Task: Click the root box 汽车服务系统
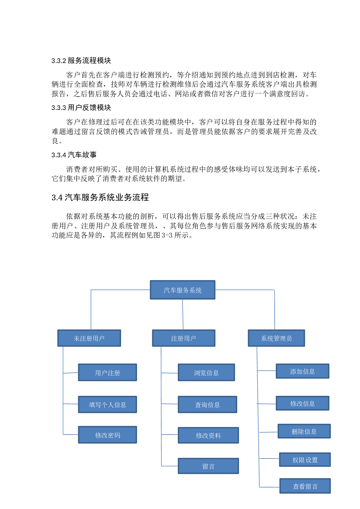182,290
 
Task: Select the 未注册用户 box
89,338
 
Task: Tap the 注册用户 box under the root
183,338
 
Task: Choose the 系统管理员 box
276,338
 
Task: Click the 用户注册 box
107,372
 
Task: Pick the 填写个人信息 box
107,405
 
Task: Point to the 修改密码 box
107,435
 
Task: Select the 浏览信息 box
206,372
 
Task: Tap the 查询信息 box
207,405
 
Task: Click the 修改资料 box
208,435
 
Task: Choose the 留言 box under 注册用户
208,466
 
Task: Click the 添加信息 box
302,371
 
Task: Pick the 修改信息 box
302,403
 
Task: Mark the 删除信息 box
304,431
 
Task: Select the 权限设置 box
305,460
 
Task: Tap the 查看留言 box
305,486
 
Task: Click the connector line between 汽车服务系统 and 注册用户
183,315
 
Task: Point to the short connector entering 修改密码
71,434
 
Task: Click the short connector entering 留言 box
170,466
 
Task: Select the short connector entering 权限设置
269,459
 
